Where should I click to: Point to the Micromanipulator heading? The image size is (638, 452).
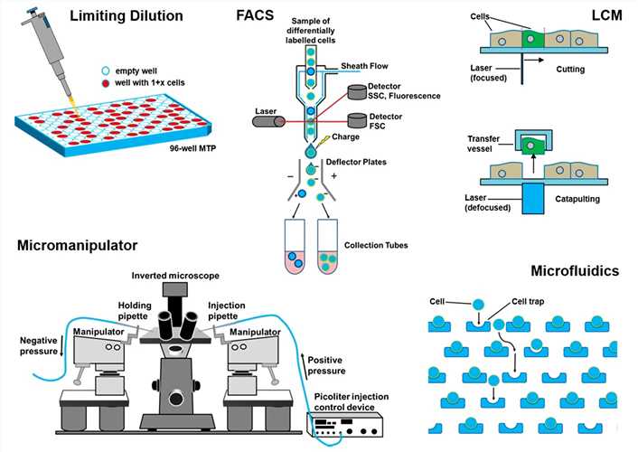point(79,244)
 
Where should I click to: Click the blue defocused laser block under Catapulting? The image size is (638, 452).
point(530,202)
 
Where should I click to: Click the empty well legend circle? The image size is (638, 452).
point(106,71)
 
